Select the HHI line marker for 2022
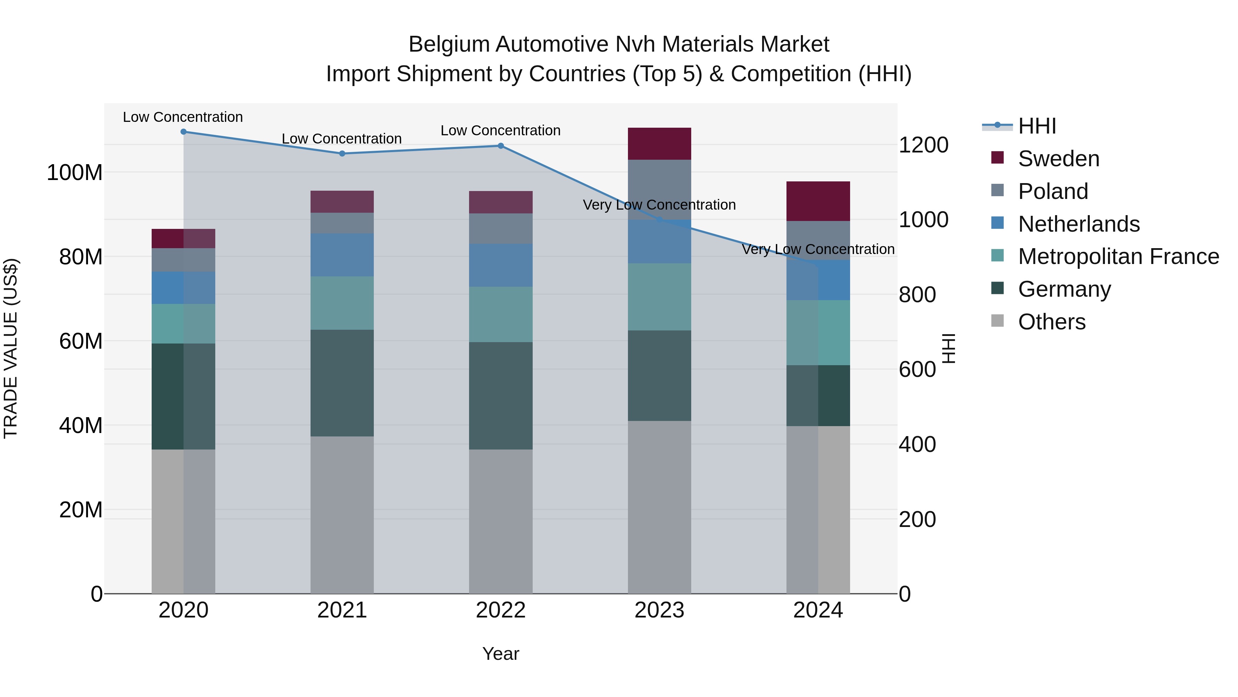pyautogui.click(x=500, y=146)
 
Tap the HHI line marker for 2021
pyautogui.click(x=342, y=154)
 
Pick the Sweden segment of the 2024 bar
pyautogui.click(x=818, y=201)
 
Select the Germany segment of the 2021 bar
pyautogui.click(x=342, y=383)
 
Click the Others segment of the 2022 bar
pyautogui.click(x=500, y=521)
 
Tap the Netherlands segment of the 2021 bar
pyautogui.click(x=342, y=255)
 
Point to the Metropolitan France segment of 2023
pyautogui.click(x=659, y=297)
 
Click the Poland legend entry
pyautogui.click(x=1053, y=191)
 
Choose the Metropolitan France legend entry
pyautogui.click(x=1118, y=257)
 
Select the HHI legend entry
pyautogui.click(x=1036, y=126)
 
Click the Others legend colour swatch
pyautogui.click(x=997, y=321)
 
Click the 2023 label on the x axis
pyautogui.click(x=659, y=610)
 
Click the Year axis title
pyautogui.click(x=500, y=654)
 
